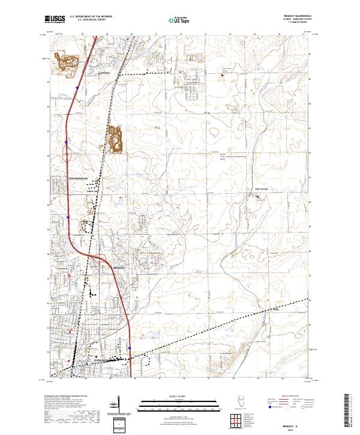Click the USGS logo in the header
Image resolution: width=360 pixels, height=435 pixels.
pyautogui.click(x=54, y=19)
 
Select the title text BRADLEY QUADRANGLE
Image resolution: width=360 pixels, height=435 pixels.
pyautogui.click(x=301, y=17)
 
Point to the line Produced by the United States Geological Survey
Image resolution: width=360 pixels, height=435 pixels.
pyautogui.click(x=60, y=397)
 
